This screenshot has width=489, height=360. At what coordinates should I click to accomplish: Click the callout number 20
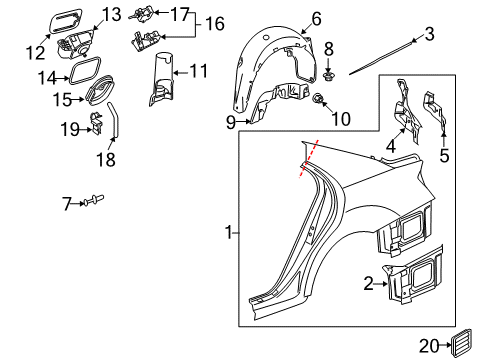429,346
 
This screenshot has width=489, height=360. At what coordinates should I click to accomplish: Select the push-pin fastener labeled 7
94,200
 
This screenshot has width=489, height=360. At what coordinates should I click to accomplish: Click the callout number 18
106,159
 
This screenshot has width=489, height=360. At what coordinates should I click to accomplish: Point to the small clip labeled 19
96,123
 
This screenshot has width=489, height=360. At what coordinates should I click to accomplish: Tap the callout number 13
111,15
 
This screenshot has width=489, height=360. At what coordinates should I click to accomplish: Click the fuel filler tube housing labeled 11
161,79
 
